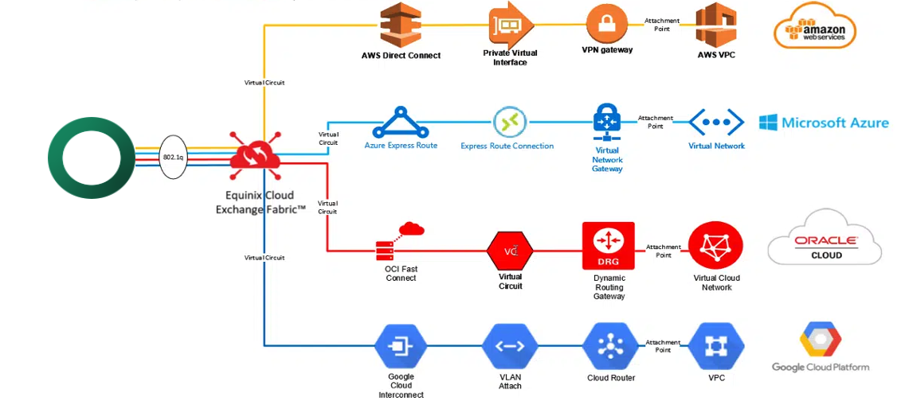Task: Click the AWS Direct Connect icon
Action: click(x=400, y=25)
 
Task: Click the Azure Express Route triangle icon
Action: click(x=400, y=123)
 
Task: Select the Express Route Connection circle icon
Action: click(x=509, y=123)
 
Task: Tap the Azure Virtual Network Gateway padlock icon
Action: click(x=607, y=123)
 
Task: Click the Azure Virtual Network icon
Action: click(x=716, y=123)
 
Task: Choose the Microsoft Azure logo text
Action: click(x=823, y=123)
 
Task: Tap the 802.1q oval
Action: click(x=173, y=158)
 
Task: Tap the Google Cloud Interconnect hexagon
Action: click(x=400, y=346)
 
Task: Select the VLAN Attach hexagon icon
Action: click(x=510, y=346)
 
